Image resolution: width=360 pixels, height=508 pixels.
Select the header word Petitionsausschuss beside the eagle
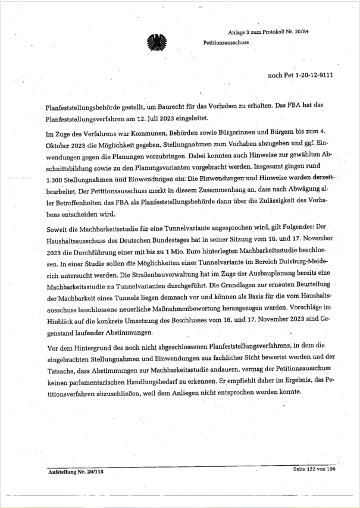click(x=226, y=43)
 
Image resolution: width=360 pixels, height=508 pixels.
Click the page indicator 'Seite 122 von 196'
click(x=314, y=469)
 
